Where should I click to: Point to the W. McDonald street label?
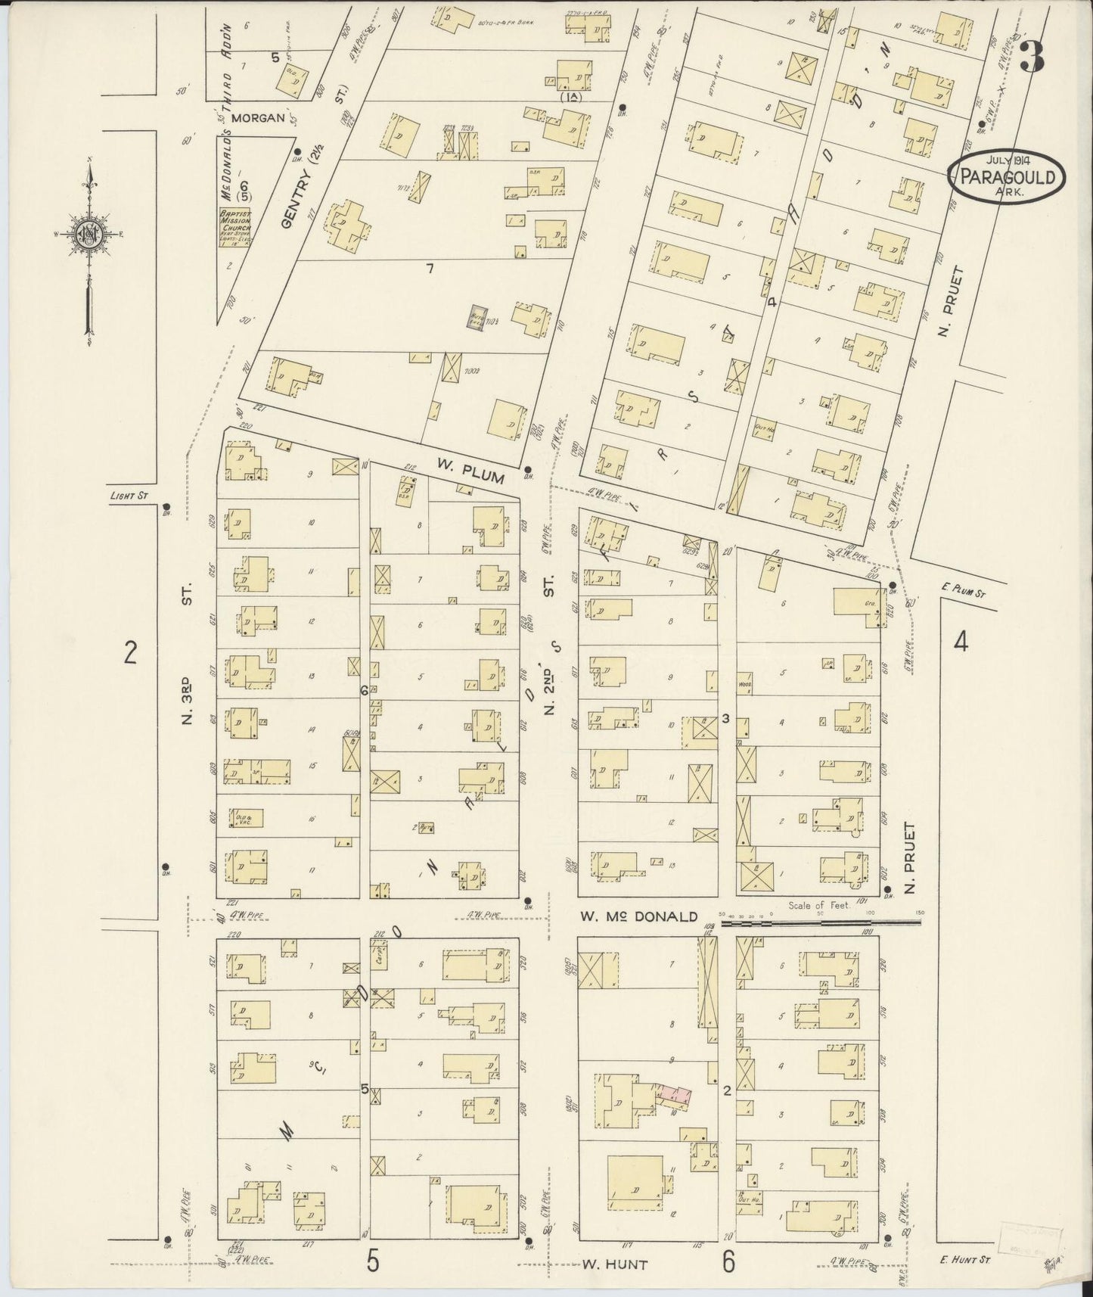(x=638, y=916)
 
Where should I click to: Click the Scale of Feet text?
(x=819, y=905)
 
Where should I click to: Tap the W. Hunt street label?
(x=615, y=1264)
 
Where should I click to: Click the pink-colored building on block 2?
(x=675, y=1093)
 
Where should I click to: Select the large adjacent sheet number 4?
(x=961, y=642)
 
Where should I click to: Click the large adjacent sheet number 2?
(x=130, y=651)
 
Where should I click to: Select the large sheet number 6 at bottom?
(x=728, y=1261)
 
